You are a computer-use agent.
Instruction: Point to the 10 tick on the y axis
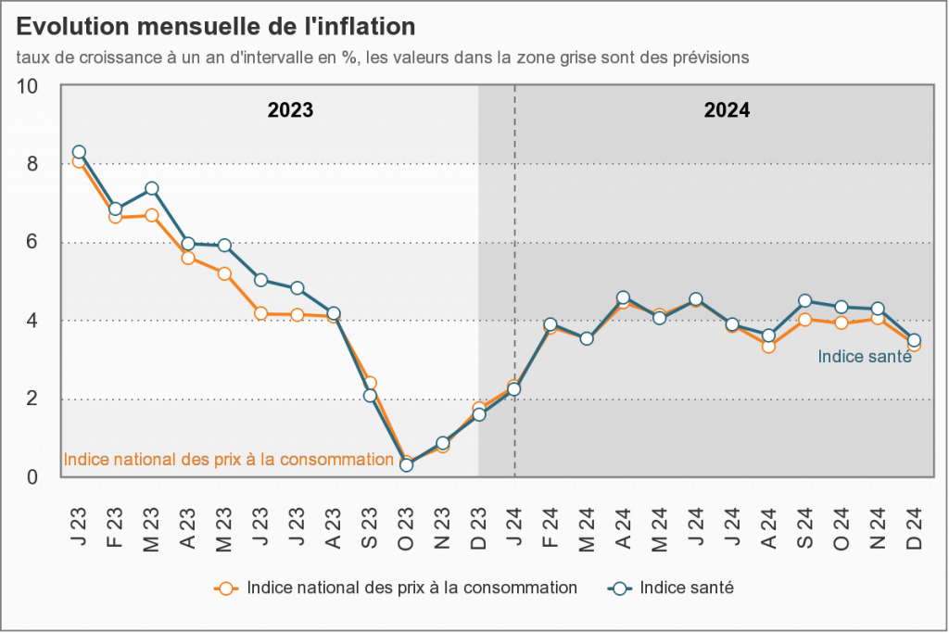pos(28,86)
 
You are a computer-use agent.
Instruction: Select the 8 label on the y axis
pos(32,164)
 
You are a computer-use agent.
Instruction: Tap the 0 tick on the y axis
pos(32,477)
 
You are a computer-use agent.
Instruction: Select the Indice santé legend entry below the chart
pos(687,588)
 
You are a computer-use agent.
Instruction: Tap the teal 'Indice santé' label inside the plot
pos(865,357)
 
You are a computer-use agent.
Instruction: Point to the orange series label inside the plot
pos(229,459)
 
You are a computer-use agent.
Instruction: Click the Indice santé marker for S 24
pos(805,300)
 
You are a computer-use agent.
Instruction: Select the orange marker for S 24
pos(805,320)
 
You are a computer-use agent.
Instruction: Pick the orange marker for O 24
pos(841,323)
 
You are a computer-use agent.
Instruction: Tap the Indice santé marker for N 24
pos(878,309)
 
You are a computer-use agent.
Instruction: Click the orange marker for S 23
pos(370,383)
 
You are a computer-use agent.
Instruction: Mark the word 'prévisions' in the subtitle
pos(709,57)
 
